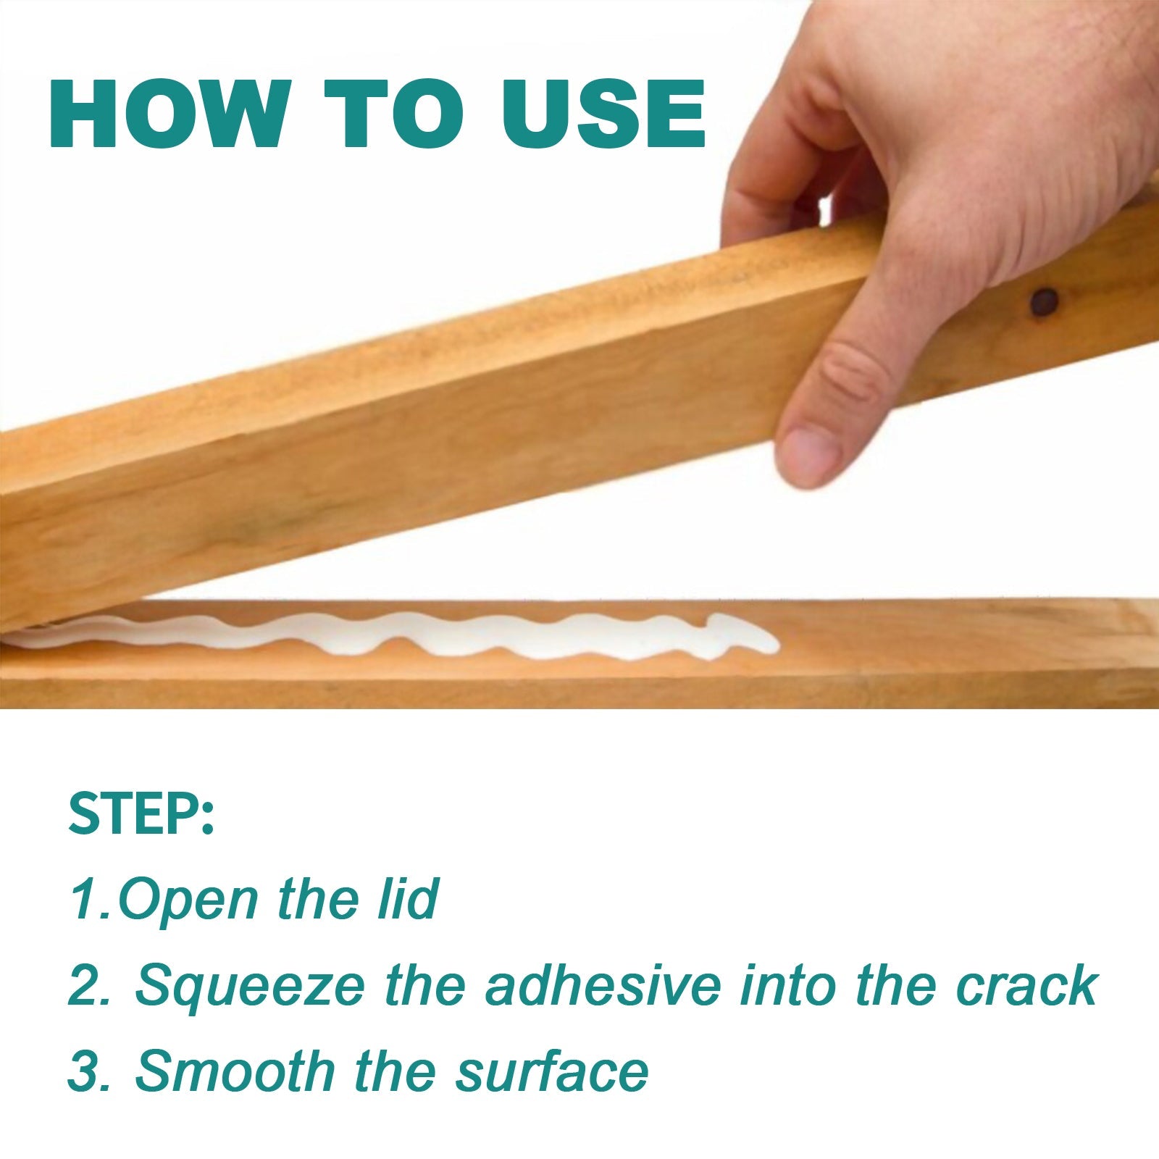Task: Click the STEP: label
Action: coord(141,814)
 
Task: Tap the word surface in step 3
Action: coord(551,1072)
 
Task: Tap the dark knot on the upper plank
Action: coord(1044,302)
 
